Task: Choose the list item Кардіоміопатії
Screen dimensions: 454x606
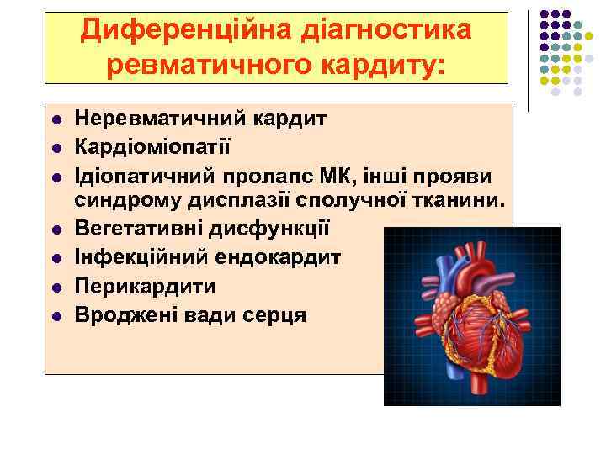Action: tap(151, 147)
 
